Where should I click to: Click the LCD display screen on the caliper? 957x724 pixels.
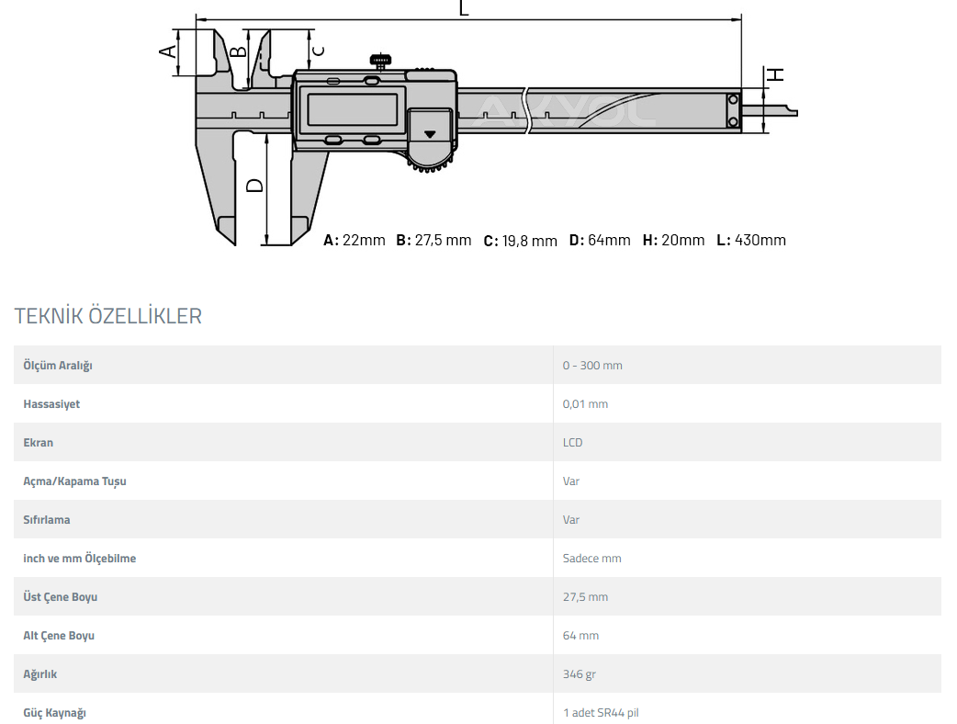point(352,110)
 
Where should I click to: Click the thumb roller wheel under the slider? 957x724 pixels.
point(431,164)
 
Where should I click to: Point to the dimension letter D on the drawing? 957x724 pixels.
point(254,185)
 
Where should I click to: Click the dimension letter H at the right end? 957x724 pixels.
point(775,74)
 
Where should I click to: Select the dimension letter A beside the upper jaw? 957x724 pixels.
point(168,51)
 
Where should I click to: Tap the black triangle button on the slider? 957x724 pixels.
point(430,134)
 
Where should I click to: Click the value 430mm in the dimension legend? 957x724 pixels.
point(760,240)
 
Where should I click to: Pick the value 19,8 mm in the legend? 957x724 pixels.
point(529,241)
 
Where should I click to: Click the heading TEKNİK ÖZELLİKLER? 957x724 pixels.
point(108,316)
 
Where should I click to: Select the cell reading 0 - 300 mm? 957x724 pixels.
point(592,365)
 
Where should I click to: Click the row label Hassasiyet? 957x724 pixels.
point(51,404)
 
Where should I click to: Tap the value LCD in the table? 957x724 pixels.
point(572,443)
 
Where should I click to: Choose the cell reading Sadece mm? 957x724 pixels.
point(591,558)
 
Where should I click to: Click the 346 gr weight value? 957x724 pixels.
point(579,674)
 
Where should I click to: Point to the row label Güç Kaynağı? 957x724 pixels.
point(54,713)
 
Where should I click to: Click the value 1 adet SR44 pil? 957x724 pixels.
point(601,712)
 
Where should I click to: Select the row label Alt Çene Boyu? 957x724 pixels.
point(59,636)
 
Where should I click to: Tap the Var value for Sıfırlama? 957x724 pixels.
point(570,519)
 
